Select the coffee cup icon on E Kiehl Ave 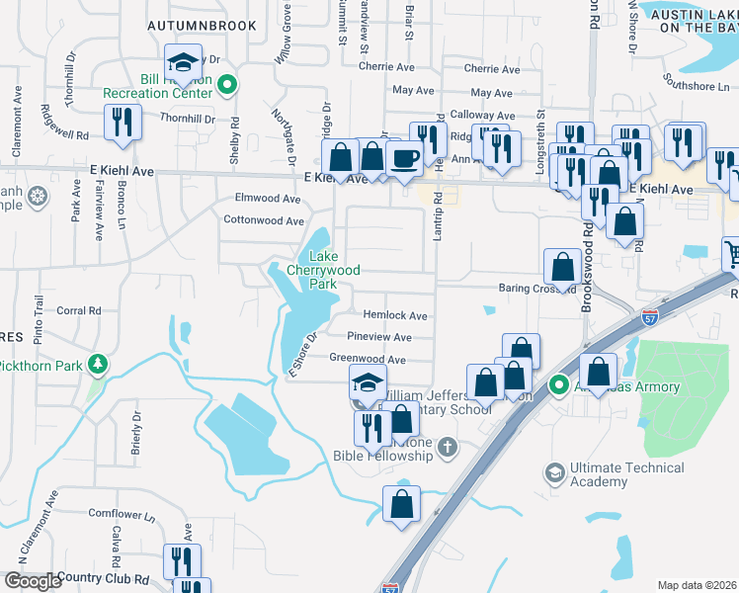(404, 159)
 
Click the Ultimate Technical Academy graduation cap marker (554, 474)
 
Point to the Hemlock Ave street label (394, 316)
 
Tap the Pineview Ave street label (378, 338)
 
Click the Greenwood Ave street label (368, 360)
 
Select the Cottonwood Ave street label (263, 221)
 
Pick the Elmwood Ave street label (267, 199)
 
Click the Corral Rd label (80, 310)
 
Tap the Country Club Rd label (102, 577)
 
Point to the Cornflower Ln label (121, 513)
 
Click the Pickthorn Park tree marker (97, 366)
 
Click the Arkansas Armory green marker (558, 385)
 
